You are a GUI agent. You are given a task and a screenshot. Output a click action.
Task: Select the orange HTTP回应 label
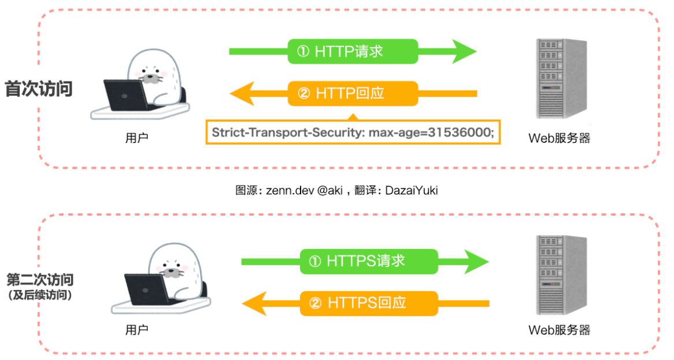click(353, 93)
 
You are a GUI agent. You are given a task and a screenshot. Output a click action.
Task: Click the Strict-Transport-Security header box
click(353, 132)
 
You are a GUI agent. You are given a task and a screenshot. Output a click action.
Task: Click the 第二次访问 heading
click(40, 280)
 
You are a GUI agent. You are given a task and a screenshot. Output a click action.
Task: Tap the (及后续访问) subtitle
click(40, 295)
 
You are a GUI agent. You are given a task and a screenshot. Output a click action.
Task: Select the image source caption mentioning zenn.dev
click(336, 190)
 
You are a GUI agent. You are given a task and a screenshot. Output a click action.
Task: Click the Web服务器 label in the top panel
click(559, 138)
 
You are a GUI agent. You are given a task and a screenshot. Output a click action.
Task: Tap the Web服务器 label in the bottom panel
click(559, 330)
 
